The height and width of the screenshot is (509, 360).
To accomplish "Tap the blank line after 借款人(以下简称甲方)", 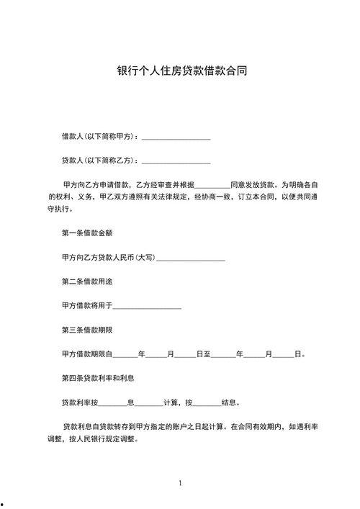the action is point(176,137).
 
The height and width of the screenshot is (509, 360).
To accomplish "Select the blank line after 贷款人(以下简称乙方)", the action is point(176,161).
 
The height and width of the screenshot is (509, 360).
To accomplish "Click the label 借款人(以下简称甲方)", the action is point(99,136).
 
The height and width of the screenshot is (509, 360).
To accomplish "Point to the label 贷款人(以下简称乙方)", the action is point(99,160).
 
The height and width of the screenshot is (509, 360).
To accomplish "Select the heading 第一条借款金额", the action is point(88,233).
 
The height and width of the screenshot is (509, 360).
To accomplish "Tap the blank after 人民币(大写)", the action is point(191,258).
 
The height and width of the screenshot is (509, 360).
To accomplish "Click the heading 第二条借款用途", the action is point(88,281).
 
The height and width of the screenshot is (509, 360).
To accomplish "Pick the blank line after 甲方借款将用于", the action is point(148,307).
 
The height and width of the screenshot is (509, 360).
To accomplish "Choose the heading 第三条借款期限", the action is point(88,330).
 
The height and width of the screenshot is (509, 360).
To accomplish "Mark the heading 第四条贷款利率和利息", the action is point(99,378).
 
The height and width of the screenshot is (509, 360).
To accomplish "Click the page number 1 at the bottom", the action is point(180,482).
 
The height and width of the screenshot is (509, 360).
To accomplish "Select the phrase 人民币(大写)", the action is point(135,258).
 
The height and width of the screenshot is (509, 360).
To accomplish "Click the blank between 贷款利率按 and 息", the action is point(112,403).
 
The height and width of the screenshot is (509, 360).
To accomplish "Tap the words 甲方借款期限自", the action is point(88,354).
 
